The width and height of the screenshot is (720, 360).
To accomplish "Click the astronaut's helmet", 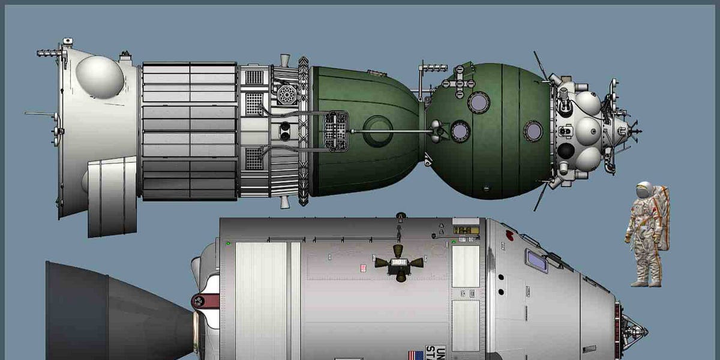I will (x=644, y=191).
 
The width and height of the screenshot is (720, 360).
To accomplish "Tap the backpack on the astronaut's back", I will (x=663, y=216).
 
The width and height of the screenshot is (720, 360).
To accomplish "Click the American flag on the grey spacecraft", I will (x=415, y=355).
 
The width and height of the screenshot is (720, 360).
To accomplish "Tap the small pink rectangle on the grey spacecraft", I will (x=363, y=268).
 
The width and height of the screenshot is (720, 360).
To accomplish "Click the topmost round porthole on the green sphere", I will (x=479, y=102).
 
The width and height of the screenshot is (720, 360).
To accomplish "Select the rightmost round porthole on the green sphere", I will (x=533, y=131).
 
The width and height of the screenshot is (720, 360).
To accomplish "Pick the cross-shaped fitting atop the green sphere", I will (x=460, y=79).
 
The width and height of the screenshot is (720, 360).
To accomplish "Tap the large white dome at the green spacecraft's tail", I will (x=100, y=77).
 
